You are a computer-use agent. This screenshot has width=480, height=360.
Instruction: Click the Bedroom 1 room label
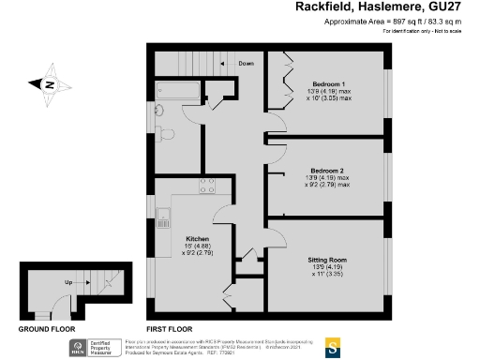coord(329,82)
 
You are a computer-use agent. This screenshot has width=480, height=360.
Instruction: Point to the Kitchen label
coord(197,238)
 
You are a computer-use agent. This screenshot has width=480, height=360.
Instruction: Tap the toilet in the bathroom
coord(165,133)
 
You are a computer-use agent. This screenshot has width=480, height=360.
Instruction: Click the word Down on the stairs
coord(246,64)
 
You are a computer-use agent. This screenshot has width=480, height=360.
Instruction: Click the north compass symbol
coord(48,83)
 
